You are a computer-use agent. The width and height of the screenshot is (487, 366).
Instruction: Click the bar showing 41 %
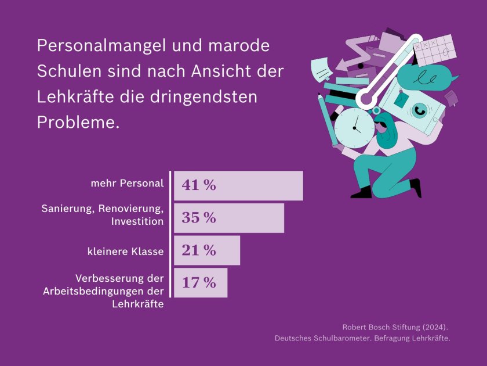click(238, 185)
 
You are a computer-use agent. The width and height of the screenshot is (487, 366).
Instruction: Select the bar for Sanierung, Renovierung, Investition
click(229, 218)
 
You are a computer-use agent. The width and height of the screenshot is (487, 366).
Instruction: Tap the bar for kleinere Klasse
click(207, 250)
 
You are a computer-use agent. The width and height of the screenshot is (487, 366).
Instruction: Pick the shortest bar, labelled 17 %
click(201, 283)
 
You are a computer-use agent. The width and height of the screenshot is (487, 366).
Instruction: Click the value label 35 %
click(198, 218)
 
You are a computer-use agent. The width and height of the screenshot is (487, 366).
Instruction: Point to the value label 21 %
click(198, 250)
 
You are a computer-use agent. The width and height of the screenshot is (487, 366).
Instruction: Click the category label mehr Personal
click(127, 184)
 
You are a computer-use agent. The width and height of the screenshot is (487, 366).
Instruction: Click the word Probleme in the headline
click(76, 122)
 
